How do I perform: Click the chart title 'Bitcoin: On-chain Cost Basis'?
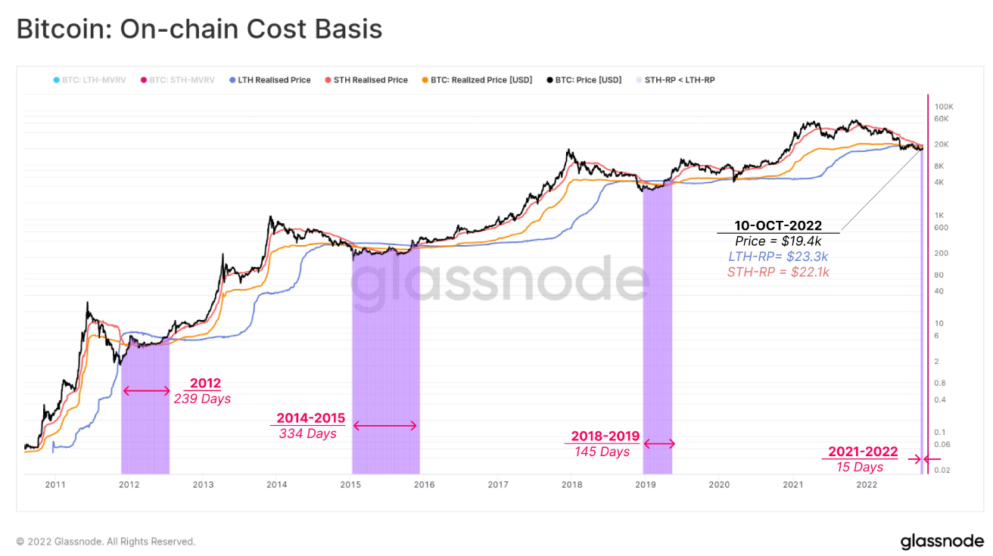click(199, 30)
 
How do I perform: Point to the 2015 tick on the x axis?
click(350, 484)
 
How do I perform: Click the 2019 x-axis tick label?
click(645, 484)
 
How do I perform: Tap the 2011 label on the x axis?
click(54, 484)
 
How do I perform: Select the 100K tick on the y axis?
click(944, 107)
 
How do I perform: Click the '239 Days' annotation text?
click(202, 399)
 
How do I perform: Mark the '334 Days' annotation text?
click(307, 433)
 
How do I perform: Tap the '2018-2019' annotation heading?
click(605, 436)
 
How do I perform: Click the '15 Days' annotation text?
click(860, 467)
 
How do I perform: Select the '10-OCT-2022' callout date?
click(778, 225)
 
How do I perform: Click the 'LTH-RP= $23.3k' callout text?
click(778, 256)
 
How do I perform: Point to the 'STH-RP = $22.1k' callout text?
click(778, 272)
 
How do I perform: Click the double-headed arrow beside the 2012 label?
click(147, 391)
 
